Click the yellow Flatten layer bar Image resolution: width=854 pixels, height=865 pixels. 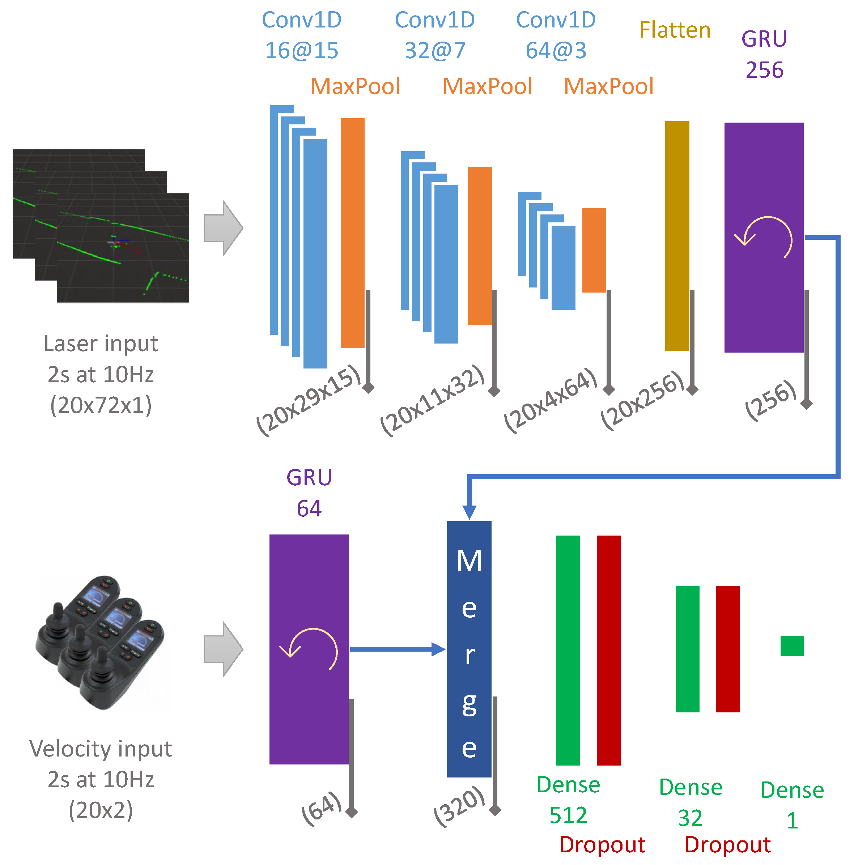click(677, 235)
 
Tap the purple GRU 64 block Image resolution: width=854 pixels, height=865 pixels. click(309, 716)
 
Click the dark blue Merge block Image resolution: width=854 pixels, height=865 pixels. click(469, 649)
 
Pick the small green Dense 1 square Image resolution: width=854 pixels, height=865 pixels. click(792, 645)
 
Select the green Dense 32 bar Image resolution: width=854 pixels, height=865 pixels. click(687, 649)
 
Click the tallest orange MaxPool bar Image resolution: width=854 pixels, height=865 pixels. click(352, 233)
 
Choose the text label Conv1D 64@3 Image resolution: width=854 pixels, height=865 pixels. click(555, 35)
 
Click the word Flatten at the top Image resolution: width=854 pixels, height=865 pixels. click(675, 30)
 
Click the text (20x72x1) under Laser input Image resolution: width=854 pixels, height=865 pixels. click(101, 405)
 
